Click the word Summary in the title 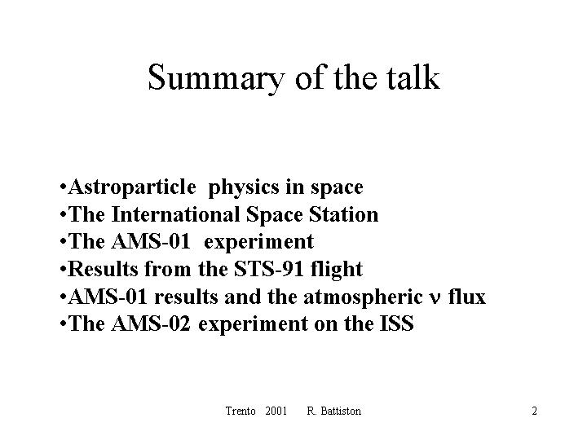click(216, 78)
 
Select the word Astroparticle click(132, 187)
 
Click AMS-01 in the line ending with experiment click(151, 241)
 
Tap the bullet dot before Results click(63, 269)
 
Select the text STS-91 click(269, 269)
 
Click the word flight click(337, 270)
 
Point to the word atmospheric click(363, 297)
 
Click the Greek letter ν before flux click(435, 299)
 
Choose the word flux click(467, 297)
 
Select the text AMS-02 click(151, 323)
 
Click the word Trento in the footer click(241, 411)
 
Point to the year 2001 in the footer click(276, 411)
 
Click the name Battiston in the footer click(341, 411)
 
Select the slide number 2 click(534, 411)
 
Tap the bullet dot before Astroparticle click(63, 186)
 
